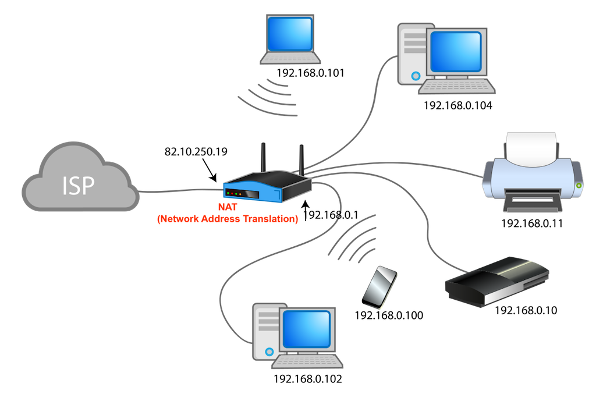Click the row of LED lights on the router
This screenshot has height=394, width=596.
235,193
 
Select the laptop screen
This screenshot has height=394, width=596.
290,33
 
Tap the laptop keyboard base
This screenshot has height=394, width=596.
290,58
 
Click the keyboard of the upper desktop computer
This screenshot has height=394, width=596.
457,87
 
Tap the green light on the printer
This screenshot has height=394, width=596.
578,186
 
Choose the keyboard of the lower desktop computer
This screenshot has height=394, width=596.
307,363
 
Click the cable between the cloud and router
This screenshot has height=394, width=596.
180,190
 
